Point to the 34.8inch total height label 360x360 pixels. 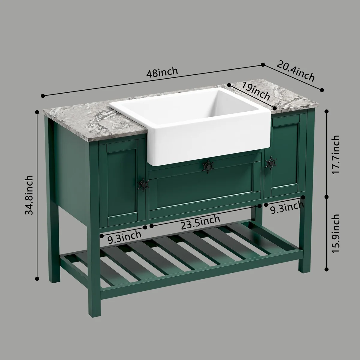(29, 195)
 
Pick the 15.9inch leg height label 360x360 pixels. (335, 233)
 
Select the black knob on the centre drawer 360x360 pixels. (208, 166)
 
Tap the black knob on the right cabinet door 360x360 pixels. (271, 163)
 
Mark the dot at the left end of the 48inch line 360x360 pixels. (43, 96)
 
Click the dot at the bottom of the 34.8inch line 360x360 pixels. (37, 278)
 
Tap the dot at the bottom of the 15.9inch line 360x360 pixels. (327, 269)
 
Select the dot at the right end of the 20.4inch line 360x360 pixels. (322, 90)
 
